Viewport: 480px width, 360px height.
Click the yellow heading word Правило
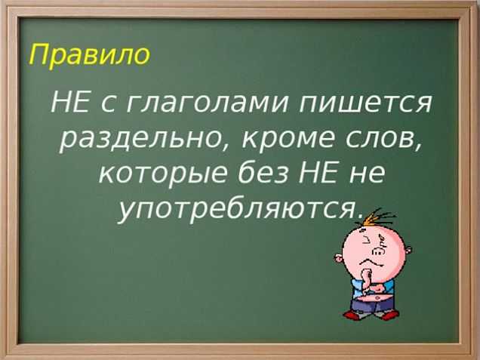click(89, 55)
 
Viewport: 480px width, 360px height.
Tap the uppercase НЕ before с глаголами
click(70, 102)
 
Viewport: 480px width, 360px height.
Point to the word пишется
click(365, 103)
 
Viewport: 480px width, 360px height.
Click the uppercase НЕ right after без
click(317, 172)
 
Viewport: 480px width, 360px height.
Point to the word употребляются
click(237, 212)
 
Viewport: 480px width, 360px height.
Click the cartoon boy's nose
click(378, 251)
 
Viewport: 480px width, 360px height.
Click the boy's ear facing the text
click(338, 260)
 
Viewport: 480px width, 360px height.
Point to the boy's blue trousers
click(371, 306)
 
